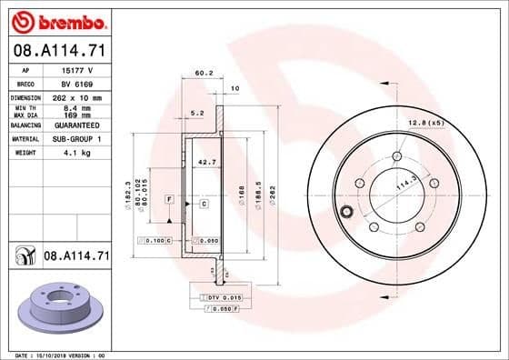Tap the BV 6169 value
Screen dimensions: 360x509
[x=73, y=83]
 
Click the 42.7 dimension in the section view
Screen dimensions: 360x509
[x=206, y=162]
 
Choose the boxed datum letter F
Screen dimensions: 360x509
[x=168, y=198]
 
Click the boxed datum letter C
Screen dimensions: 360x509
[x=204, y=204]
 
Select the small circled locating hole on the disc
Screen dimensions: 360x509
[x=344, y=215]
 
